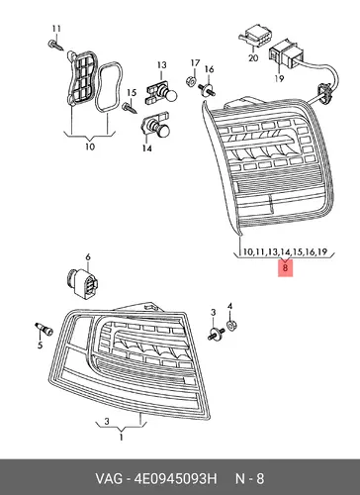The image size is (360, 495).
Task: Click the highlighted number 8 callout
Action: click(x=285, y=267)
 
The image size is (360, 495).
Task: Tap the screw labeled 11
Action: click(x=55, y=45)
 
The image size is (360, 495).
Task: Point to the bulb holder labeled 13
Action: click(x=161, y=93)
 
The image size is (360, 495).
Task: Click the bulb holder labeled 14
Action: click(x=155, y=126)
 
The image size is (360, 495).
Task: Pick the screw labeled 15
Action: click(x=129, y=108)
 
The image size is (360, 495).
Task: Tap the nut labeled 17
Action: click(x=190, y=81)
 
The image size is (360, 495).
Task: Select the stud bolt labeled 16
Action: click(x=208, y=89)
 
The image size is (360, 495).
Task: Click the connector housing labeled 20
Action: click(x=254, y=38)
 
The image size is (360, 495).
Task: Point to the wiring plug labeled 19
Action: click(x=284, y=53)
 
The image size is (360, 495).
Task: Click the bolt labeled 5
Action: click(x=44, y=329)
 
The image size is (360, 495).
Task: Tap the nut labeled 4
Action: click(x=232, y=326)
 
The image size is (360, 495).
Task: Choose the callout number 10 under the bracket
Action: click(x=90, y=147)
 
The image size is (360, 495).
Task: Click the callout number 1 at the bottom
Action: click(x=121, y=438)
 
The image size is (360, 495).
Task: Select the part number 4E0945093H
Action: click(x=175, y=478)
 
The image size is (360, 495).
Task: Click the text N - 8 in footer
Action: click(x=249, y=478)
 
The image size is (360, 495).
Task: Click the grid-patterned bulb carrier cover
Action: click(x=81, y=76)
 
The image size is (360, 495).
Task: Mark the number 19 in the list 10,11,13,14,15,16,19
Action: click(x=322, y=252)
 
